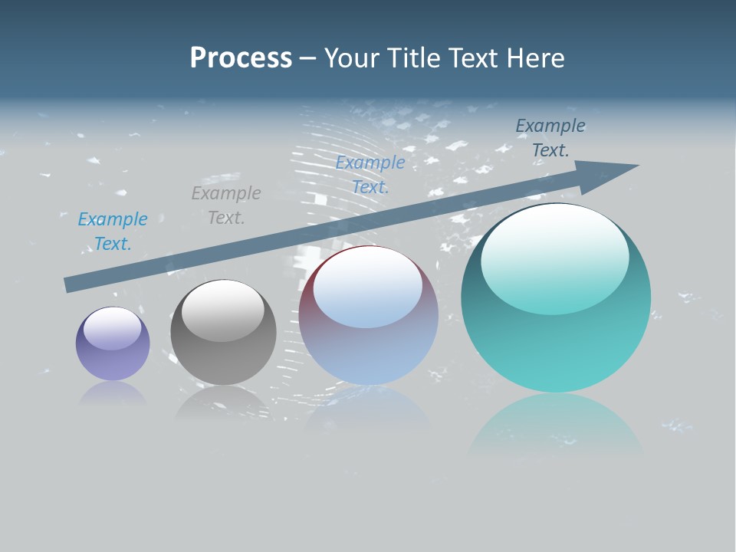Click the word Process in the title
241,58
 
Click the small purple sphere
113,343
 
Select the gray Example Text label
226,205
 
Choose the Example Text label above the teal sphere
550,138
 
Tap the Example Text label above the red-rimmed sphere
370,175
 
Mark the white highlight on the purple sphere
112,328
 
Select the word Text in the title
472,58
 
